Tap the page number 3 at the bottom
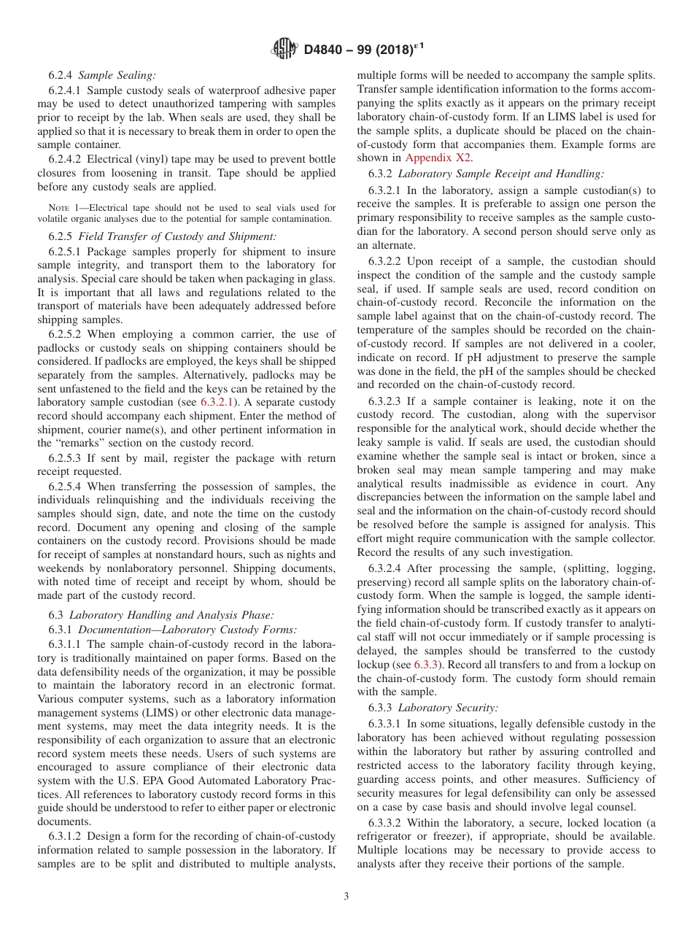(x=346, y=897)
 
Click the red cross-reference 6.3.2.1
(x=220, y=403)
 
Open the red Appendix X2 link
(x=438, y=158)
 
